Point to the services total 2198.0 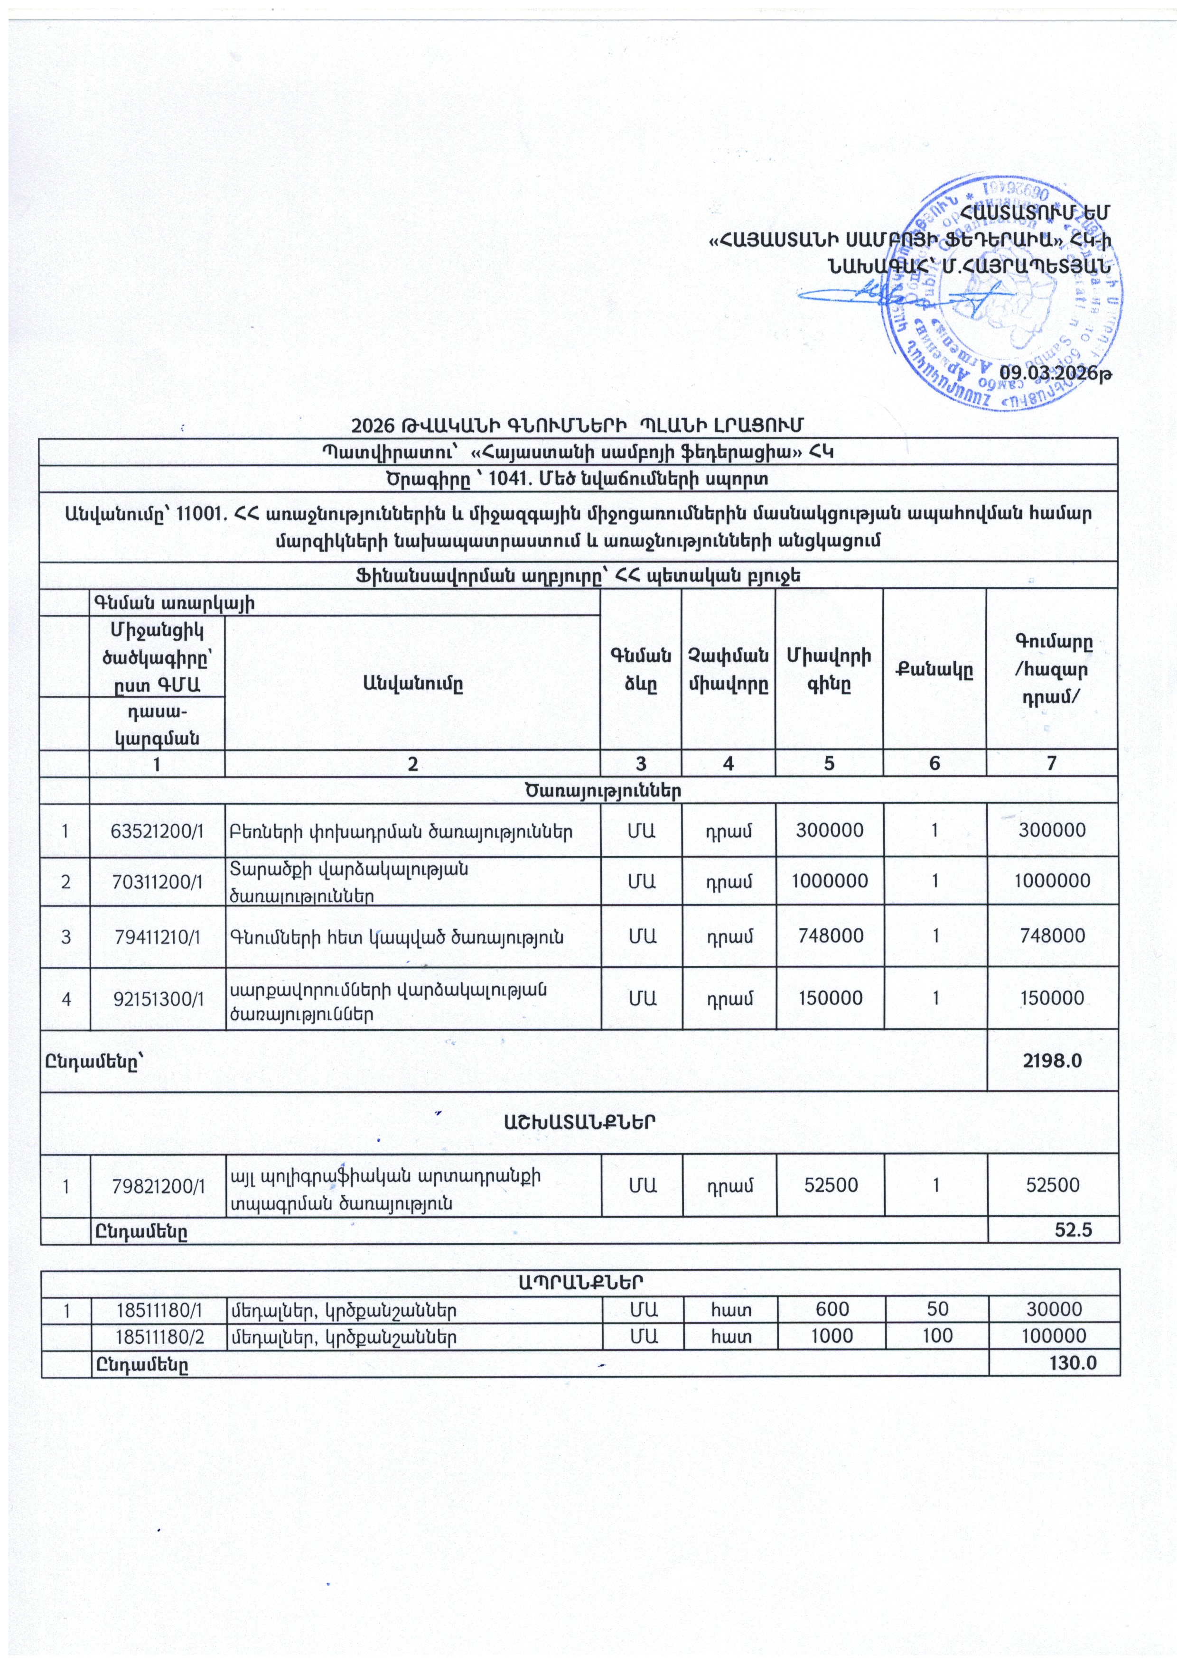1052,1060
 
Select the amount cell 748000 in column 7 1052,935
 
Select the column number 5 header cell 829,762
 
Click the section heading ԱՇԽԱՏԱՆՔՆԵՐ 580,1123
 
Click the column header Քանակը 935,669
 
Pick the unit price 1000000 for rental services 830,880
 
